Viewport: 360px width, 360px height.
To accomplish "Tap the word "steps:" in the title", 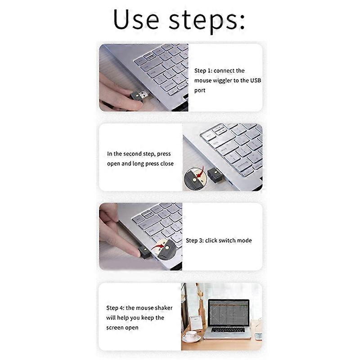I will pos(207,20).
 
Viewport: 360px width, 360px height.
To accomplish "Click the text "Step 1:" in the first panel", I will pos(203,71).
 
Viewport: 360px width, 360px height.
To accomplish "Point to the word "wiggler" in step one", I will pos(228,81).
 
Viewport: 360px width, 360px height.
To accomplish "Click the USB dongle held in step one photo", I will pos(140,95).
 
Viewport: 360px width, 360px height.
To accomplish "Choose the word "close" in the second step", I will pos(166,164).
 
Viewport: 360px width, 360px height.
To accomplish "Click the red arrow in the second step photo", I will pos(201,171).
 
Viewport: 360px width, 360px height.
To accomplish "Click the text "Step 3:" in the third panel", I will pos(194,241).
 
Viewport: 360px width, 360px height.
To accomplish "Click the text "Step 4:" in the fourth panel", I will pos(115,308).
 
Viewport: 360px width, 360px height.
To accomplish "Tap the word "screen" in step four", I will pos(116,328).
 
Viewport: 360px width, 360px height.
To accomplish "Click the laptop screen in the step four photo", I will pos(229,312).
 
